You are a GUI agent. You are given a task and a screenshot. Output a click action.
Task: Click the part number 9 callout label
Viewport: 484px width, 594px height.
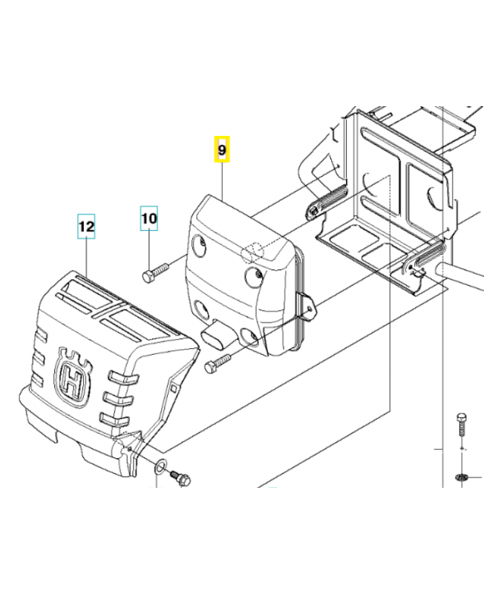click(x=222, y=149)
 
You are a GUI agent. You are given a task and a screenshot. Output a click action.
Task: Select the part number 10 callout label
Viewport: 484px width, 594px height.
click(x=149, y=218)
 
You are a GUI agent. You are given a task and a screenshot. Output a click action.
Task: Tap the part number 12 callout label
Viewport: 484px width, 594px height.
click(x=86, y=226)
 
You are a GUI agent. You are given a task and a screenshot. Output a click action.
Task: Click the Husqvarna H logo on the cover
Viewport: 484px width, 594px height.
click(x=73, y=378)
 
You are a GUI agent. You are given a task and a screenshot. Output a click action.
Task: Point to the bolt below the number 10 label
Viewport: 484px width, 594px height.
click(x=156, y=272)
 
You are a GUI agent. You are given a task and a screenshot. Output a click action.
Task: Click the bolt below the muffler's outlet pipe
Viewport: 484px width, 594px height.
click(x=218, y=362)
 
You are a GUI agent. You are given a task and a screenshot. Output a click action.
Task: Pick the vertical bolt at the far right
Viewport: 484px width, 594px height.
click(x=462, y=424)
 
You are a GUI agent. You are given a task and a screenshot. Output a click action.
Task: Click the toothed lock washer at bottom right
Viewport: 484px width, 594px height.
click(x=462, y=477)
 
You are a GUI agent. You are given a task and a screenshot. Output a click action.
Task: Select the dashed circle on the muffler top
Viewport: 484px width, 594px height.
click(x=252, y=252)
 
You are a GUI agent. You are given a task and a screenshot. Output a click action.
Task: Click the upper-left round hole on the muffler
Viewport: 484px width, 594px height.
click(x=200, y=245)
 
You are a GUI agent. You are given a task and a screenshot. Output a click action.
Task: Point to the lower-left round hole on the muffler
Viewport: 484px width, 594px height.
click(x=200, y=310)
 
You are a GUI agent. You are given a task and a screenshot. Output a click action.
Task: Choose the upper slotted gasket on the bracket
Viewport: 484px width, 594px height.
click(x=325, y=200)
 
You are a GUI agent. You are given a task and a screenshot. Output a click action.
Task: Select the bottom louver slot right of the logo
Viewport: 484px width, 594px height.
click(x=113, y=419)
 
